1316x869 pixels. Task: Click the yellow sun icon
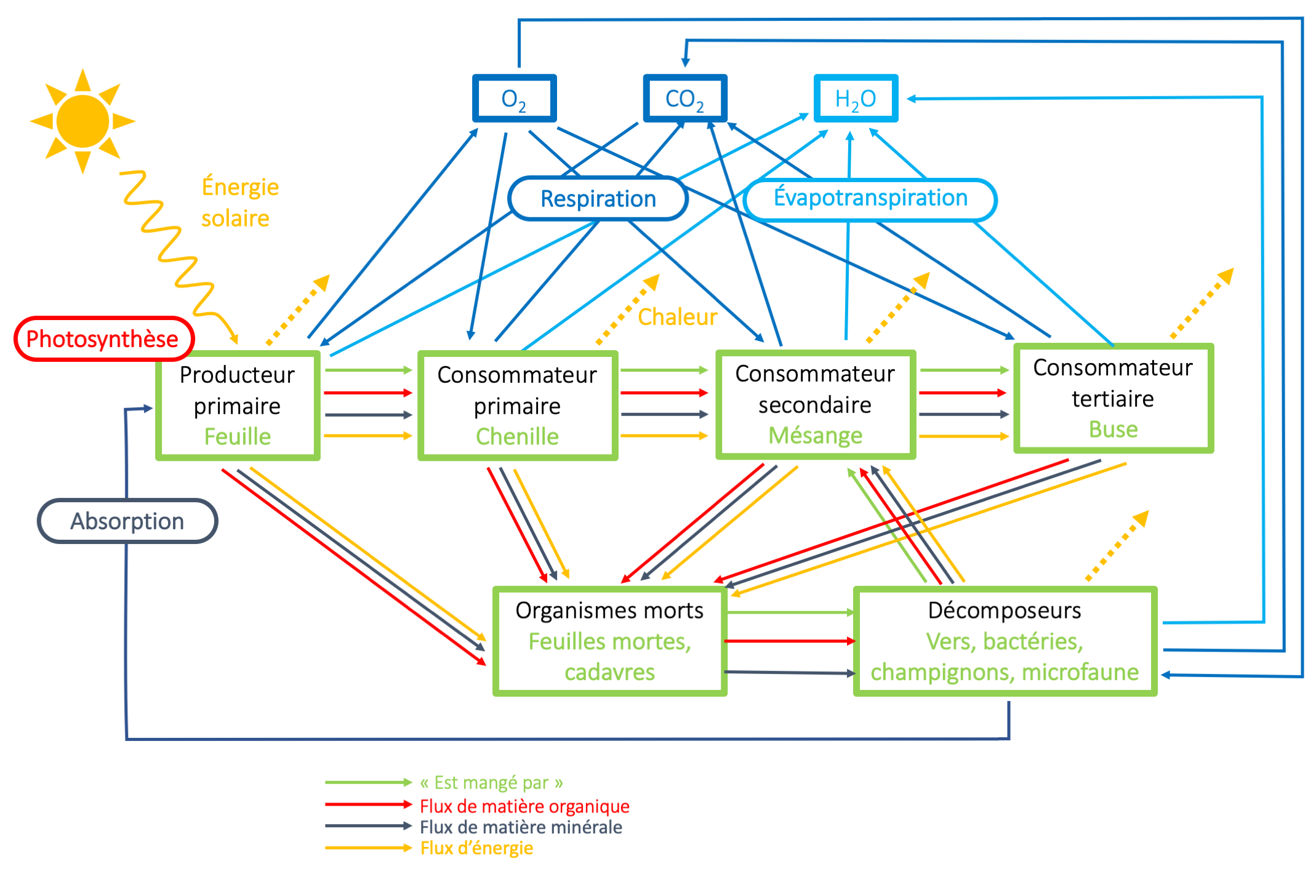[x=82, y=121]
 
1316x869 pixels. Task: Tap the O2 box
[x=514, y=98]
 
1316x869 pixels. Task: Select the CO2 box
[x=684, y=98]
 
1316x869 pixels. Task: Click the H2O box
[x=855, y=98]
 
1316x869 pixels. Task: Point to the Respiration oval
[x=598, y=199]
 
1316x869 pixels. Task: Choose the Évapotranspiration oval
[x=870, y=198]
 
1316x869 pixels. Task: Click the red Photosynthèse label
[x=103, y=338]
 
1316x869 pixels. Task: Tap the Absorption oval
[x=127, y=521]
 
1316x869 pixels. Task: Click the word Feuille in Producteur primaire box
[x=238, y=436]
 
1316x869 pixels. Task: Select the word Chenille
[x=517, y=436]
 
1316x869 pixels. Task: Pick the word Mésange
[x=815, y=435]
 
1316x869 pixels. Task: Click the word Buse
[x=1113, y=429]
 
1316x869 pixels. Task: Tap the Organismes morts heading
[x=609, y=611]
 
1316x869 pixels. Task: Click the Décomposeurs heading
[x=1004, y=611]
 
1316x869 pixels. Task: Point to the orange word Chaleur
[x=677, y=317]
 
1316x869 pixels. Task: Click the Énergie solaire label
[x=239, y=202]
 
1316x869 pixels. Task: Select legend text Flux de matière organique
[x=524, y=806]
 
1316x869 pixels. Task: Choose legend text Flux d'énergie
[x=476, y=848]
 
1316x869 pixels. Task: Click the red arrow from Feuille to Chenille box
[x=367, y=393]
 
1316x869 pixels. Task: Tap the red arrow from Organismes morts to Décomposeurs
[x=789, y=641]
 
